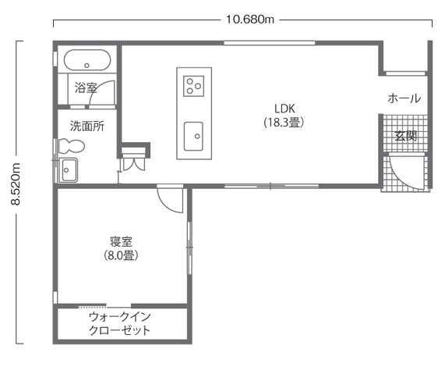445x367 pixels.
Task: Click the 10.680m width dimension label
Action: [250, 20]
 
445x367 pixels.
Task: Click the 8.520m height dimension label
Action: [16, 184]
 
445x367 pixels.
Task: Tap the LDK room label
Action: [284, 109]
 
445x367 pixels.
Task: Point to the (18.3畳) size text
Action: [284, 123]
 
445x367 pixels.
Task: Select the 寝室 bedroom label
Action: [121, 241]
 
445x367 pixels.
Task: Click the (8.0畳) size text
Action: [121, 255]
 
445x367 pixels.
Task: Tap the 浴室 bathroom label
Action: [86, 87]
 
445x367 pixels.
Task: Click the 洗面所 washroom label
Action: [87, 126]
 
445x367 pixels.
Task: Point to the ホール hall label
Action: [404, 98]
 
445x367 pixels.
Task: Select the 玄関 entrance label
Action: [406, 136]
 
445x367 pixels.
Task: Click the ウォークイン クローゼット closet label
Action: [119, 323]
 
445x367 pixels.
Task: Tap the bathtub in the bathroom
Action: [87, 60]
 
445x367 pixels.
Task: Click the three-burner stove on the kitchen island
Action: [194, 86]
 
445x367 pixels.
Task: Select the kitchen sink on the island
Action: [193, 136]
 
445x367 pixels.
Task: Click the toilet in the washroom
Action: [70, 146]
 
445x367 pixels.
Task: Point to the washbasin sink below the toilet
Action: [68, 170]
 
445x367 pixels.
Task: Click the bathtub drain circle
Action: [87, 66]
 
